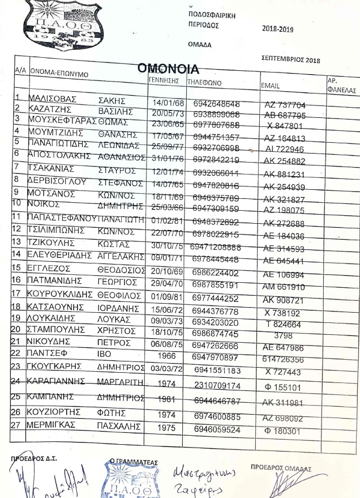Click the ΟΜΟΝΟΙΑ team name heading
(169, 69)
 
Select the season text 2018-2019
(278, 29)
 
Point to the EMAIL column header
(270, 86)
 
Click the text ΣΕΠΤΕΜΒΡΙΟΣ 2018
(292, 58)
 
